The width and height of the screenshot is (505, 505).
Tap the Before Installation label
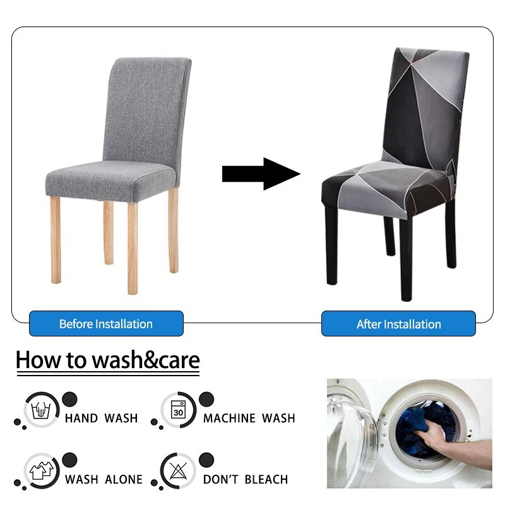[106, 324]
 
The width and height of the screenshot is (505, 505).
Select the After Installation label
[398, 324]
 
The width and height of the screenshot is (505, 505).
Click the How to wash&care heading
[107, 360]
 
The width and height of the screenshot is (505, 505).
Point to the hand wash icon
[42, 410]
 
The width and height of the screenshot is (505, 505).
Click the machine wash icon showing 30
[179, 410]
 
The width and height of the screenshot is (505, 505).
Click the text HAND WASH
[101, 418]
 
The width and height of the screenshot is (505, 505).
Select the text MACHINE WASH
[249, 418]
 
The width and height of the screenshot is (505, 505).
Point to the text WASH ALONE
[104, 479]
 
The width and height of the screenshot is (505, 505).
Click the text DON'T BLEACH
[245, 479]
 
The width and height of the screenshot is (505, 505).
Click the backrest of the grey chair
[146, 107]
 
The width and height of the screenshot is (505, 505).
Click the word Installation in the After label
[412, 324]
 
